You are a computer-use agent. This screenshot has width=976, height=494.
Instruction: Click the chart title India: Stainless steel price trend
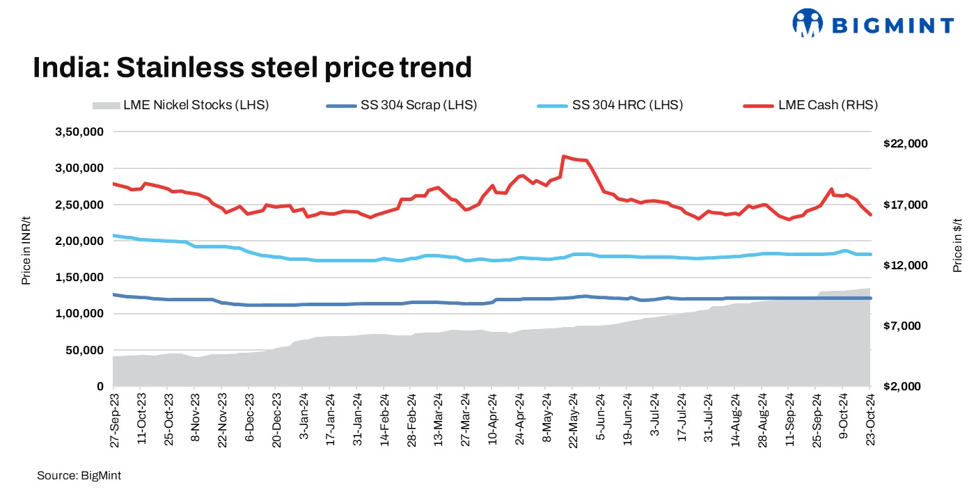click(x=253, y=67)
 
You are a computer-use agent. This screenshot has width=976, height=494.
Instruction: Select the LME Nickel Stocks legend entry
click(x=180, y=106)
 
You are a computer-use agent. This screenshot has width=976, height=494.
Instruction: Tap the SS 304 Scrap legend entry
click(x=402, y=106)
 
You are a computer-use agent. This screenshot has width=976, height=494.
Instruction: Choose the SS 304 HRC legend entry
click(x=610, y=106)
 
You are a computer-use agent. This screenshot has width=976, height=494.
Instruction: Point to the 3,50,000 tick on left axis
click(x=79, y=132)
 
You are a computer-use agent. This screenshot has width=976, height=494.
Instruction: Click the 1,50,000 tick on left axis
click(x=79, y=278)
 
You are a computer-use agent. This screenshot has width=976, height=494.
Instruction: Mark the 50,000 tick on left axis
click(x=82, y=350)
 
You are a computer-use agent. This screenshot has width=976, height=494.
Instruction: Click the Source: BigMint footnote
click(x=74, y=475)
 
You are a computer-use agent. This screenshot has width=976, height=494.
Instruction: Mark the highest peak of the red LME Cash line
click(x=563, y=157)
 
